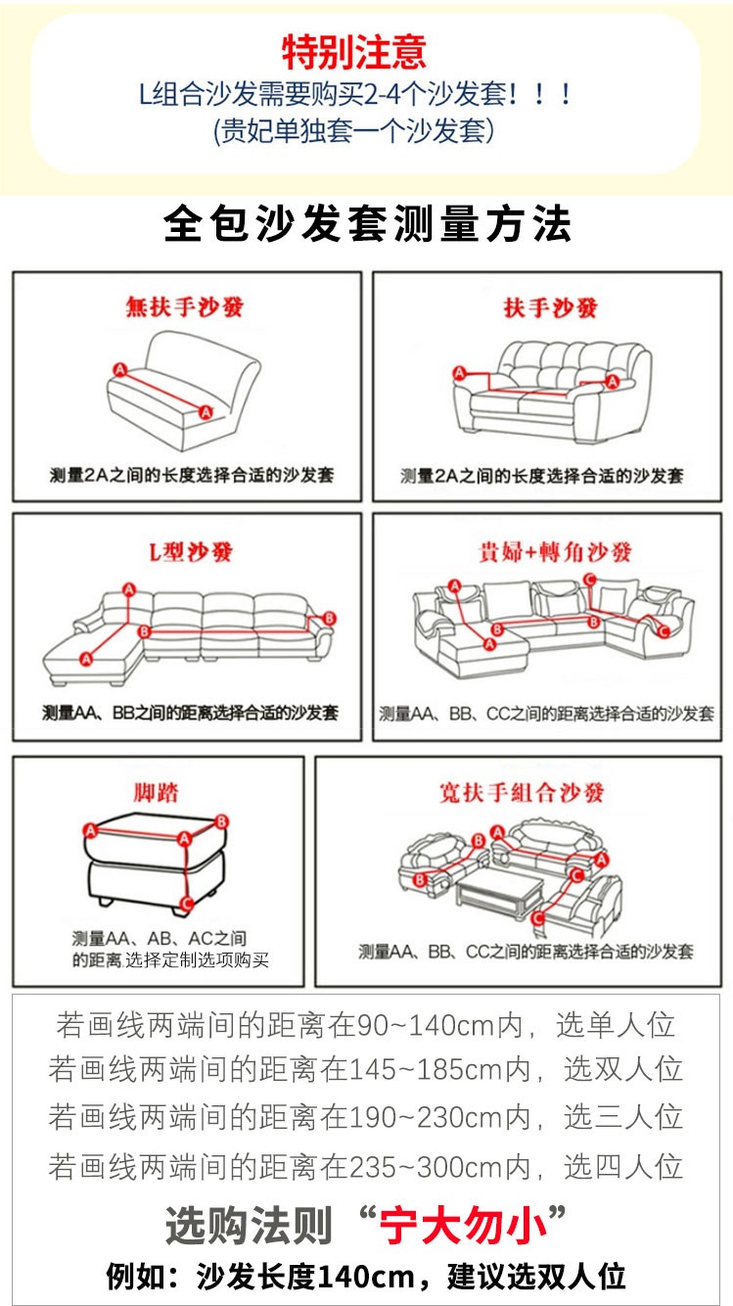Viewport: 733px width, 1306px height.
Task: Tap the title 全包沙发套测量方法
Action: pyautogui.click(x=367, y=224)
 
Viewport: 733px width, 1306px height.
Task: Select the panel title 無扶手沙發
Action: pyautogui.click(x=185, y=306)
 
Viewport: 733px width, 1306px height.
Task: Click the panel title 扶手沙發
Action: pyautogui.click(x=551, y=307)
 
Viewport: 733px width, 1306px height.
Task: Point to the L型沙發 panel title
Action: pyautogui.click(x=191, y=551)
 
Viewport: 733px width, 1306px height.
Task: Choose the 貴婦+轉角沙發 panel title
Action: pyautogui.click(x=555, y=551)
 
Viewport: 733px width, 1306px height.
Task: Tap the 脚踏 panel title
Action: pyautogui.click(x=156, y=792)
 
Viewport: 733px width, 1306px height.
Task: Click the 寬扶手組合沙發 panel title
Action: pyautogui.click(x=522, y=792)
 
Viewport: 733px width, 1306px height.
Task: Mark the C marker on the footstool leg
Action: pyautogui.click(x=187, y=904)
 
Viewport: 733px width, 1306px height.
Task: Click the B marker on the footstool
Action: pyautogui.click(x=221, y=821)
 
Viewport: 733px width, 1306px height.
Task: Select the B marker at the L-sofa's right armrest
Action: pyautogui.click(x=329, y=618)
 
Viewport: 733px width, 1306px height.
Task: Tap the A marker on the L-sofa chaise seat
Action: pyautogui.click(x=86, y=659)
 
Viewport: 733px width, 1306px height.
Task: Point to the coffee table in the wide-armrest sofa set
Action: pyautogui.click(x=499, y=892)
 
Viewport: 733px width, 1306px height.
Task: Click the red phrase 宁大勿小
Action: pyautogui.click(x=463, y=1225)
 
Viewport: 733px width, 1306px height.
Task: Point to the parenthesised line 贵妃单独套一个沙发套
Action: pyautogui.click(x=354, y=130)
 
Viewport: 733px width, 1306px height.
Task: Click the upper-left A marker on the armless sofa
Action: pyautogui.click(x=120, y=370)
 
